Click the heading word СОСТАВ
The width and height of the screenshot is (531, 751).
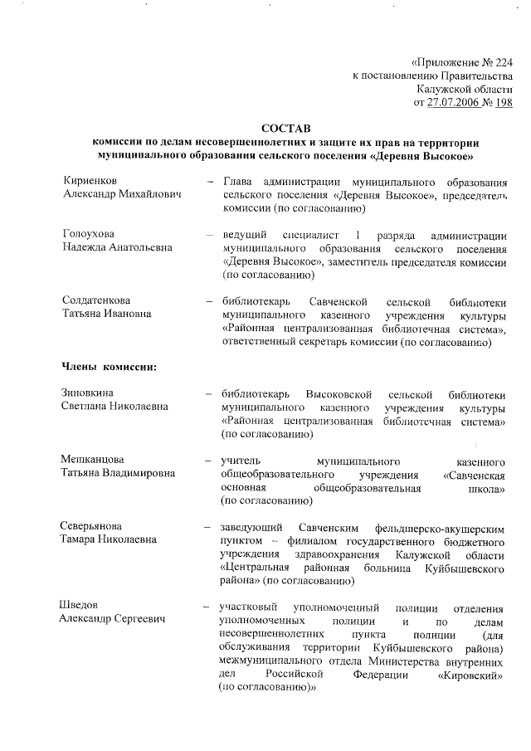pyautogui.click(x=285, y=129)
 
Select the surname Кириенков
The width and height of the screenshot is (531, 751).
pyautogui.click(x=90, y=181)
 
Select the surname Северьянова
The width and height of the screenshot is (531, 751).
pyautogui.click(x=91, y=526)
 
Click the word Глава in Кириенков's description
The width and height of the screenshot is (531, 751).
pyautogui.click(x=237, y=181)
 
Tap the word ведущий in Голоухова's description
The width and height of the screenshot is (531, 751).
pyautogui.click(x=245, y=234)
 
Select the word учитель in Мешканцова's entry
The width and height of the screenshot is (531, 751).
pyautogui.click(x=240, y=460)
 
